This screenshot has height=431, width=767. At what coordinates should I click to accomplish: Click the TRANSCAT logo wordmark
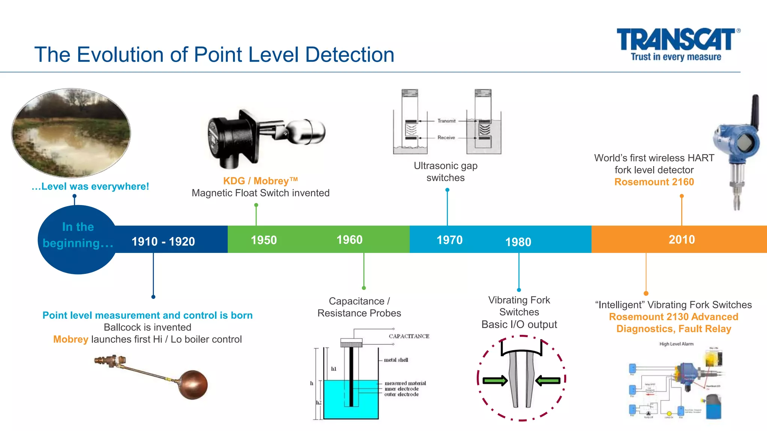click(x=676, y=39)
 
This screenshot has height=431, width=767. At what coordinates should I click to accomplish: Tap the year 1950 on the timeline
click(x=264, y=240)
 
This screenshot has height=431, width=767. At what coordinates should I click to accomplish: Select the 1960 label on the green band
click(x=349, y=239)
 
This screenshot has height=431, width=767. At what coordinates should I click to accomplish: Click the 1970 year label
click(x=449, y=240)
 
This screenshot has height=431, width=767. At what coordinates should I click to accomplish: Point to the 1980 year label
click(x=518, y=242)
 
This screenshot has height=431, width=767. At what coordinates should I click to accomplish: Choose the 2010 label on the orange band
click(x=682, y=239)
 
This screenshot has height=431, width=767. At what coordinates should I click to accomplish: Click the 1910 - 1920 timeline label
click(x=163, y=241)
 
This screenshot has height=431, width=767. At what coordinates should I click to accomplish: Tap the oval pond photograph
click(x=71, y=133)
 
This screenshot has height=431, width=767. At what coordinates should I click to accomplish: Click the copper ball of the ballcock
click(x=193, y=384)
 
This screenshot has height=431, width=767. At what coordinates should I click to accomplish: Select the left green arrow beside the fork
click(x=495, y=381)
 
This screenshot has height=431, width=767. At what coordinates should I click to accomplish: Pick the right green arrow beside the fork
click(x=548, y=381)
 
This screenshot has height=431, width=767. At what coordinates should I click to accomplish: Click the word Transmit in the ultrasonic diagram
click(x=446, y=121)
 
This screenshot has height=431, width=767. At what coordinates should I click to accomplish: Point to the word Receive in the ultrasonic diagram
click(x=446, y=138)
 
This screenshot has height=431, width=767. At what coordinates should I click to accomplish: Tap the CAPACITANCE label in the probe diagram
click(x=409, y=336)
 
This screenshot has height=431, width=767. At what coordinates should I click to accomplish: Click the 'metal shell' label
click(x=396, y=360)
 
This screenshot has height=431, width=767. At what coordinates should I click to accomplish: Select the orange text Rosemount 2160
click(x=654, y=182)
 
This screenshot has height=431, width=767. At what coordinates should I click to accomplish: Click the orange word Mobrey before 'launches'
click(x=70, y=339)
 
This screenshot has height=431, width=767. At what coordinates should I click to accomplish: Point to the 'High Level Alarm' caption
click(x=676, y=344)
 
